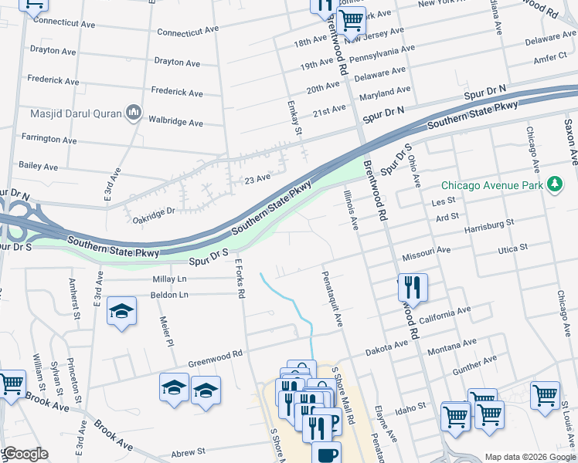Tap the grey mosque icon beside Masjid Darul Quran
133,113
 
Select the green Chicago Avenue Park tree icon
553,184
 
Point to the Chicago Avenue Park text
491,185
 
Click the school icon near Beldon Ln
121,311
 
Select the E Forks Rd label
240,279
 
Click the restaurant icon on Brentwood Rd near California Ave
413,288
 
